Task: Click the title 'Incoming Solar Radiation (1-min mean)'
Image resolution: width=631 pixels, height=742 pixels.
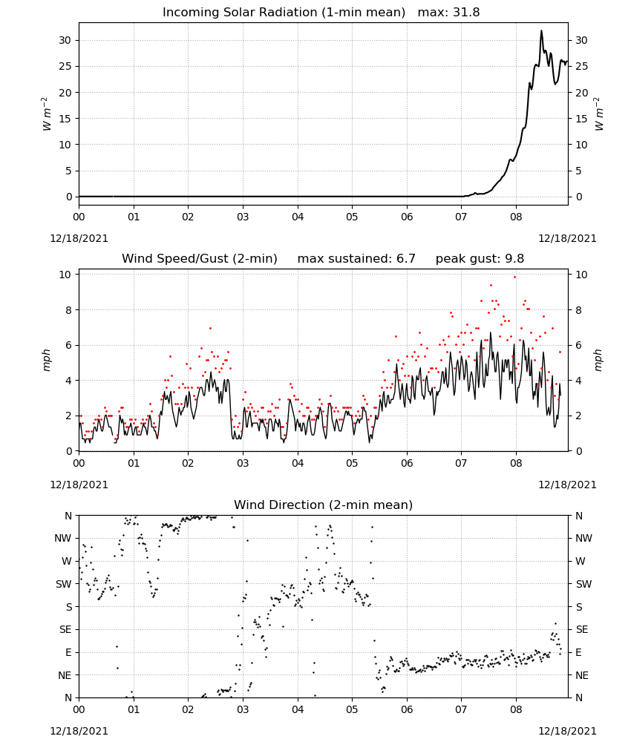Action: [x=284, y=13]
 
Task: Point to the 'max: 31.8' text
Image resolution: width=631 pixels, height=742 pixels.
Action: [x=449, y=13]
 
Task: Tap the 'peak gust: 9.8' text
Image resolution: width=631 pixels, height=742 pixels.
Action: [x=480, y=259]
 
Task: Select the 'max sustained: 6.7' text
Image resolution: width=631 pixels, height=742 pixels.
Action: [x=356, y=259]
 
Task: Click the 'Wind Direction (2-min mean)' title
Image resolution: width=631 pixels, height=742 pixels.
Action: [x=324, y=505]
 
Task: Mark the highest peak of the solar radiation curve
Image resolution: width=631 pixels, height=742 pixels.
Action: [x=541, y=30]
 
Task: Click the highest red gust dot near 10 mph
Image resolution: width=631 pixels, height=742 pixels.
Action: [x=515, y=278]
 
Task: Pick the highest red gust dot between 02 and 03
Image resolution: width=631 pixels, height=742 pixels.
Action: [x=210, y=328]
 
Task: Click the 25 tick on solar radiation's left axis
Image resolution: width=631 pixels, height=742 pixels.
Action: [x=65, y=66]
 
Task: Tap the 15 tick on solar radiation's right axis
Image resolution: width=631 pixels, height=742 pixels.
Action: [x=581, y=119]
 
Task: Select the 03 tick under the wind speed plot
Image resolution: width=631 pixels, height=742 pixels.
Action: [x=243, y=463]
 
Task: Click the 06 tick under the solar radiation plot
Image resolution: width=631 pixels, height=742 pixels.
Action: [x=407, y=217]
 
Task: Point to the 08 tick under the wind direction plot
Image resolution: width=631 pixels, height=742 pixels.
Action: [x=516, y=710]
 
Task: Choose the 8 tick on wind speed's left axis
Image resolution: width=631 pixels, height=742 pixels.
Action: [x=68, y=310]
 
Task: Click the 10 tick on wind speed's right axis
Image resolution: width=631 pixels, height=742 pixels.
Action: [x=581, y=275]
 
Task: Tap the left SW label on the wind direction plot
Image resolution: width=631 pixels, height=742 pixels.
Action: [x=64, y=585]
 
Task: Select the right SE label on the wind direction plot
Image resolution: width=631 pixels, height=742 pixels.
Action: [x=582, y=630]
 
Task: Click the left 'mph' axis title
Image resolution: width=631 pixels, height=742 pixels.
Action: [x=46, y=361]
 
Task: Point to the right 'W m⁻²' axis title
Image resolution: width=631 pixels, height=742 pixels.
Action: [x=599, y=114]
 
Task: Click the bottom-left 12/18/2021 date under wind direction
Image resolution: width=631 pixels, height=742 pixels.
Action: [x=79, y=731]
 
